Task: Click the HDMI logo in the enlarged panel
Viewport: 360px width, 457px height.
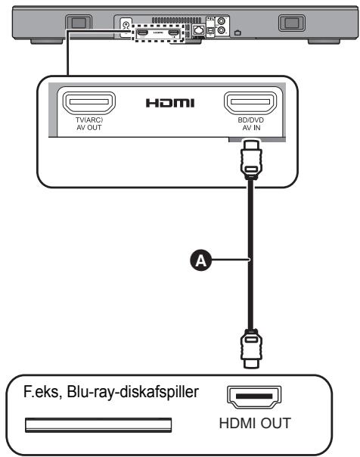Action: pos(170,103)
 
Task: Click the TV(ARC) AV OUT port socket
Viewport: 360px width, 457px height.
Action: pos(88,102)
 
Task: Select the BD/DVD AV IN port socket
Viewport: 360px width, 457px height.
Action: pos(250,103)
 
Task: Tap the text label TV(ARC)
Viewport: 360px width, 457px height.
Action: pos(89,120)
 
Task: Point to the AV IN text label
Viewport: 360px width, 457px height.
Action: pos(251,128)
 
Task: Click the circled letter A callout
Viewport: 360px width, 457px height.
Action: pos(200,260)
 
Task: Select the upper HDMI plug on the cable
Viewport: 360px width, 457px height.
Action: pos(251,159)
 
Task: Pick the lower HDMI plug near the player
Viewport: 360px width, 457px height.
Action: pos(251,348)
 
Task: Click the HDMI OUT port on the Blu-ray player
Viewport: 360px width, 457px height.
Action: pos(254,397)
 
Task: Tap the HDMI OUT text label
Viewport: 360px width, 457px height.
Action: pos(255,423)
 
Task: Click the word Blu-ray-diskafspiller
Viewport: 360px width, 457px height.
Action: pos(133,392)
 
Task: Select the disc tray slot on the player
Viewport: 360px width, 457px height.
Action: pos(98,425)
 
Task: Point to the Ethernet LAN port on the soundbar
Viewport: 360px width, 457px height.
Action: pos(199,30)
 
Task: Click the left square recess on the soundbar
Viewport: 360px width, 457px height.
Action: pos(79,23)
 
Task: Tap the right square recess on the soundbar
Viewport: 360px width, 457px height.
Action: pos(291,23)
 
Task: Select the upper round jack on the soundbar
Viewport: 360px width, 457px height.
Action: pos(222,21)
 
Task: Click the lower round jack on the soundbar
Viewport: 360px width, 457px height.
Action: pos(222,30)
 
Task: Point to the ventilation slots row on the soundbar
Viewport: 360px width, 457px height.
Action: pos(176,20)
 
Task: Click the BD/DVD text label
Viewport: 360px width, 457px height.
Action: pos(251,120)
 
